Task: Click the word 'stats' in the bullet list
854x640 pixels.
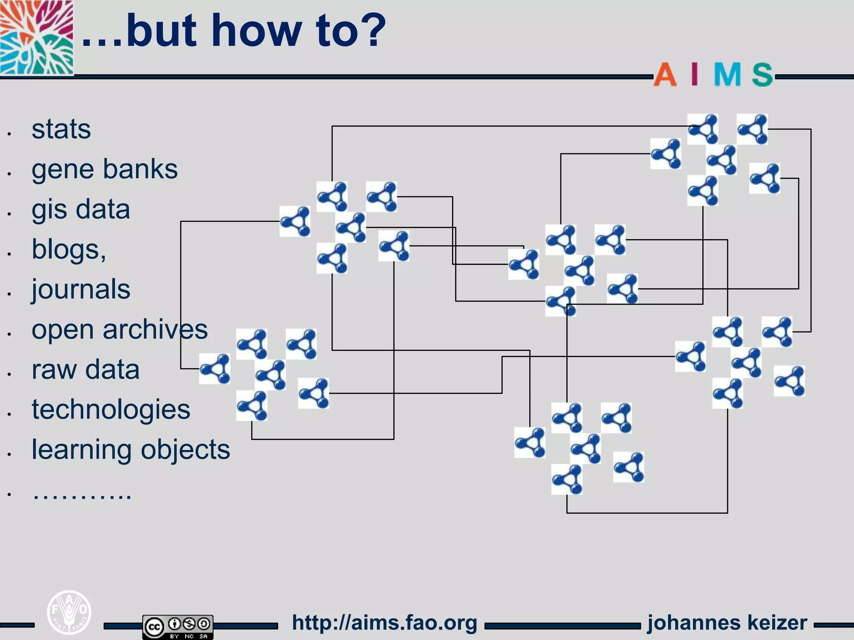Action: [61, 129]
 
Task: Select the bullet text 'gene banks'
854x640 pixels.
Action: [104, 170]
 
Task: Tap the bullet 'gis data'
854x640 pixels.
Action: [80, 209]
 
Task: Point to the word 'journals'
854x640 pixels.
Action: [80, 289]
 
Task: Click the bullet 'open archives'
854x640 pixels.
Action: [119, 330]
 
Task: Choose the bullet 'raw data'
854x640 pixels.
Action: [85, 370]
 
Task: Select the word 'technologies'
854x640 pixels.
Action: [111, 410]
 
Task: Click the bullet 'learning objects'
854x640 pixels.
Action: [131, 450]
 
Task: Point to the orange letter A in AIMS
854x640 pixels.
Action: [665, 75]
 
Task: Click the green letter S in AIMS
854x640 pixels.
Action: [762, 75]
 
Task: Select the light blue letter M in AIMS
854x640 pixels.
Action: [727, 75]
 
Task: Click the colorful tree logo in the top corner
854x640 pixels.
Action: [36, 37]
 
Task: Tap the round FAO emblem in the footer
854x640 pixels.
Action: [69, 612]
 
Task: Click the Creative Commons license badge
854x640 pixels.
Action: [178, 626]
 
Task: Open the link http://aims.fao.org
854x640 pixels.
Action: [384, 623]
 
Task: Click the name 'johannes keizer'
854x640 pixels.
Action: [727, 623]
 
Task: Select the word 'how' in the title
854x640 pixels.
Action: [256, 30]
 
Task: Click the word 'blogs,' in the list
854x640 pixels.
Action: [69, 250]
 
